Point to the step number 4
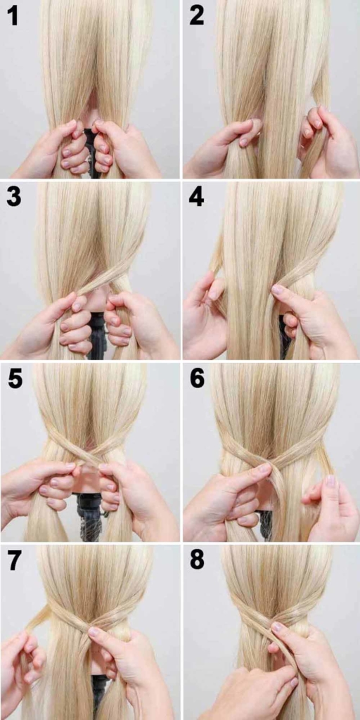point(196,198)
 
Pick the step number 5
point(15,379)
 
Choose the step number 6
point(197,379)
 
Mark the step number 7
point(15,560)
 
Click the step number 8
point(197,560)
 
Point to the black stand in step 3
point(97,337)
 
